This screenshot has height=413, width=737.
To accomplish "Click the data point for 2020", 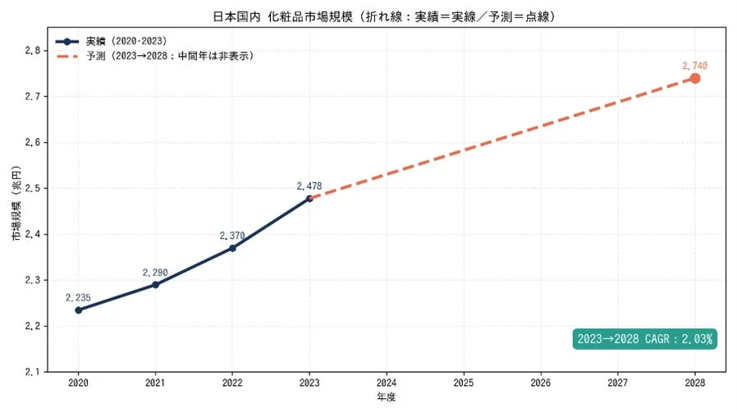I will click(x=78, y=310).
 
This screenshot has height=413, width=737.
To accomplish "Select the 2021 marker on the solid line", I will click(x=155, y=285).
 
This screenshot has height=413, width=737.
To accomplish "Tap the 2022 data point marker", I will click(x=232, y=248).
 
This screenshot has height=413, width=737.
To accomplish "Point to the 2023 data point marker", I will click(x=309, y=198).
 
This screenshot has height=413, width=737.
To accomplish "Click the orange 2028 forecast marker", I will click(x=695, y=78).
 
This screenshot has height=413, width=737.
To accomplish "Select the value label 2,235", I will click(x=79, y=297).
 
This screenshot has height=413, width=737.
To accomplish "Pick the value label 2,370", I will click(x=232, y=236).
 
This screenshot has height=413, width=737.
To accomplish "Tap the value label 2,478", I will click(x=309, y=186).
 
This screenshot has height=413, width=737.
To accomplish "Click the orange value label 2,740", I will click(x=694, y=65).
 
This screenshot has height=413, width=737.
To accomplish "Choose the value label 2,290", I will click(x=155, y=272).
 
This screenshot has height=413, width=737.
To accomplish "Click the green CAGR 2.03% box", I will click(x=644, y=338).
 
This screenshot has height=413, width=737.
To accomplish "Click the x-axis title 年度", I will click(x=386, y=397).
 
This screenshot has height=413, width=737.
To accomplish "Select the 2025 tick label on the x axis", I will click(x=464, y=383).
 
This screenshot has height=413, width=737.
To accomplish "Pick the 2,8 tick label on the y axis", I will click(x=33, y=50).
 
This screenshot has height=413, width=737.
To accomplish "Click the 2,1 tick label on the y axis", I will click(x=33, y=372).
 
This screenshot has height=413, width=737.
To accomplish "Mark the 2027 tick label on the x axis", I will click(x=618, y=383).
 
